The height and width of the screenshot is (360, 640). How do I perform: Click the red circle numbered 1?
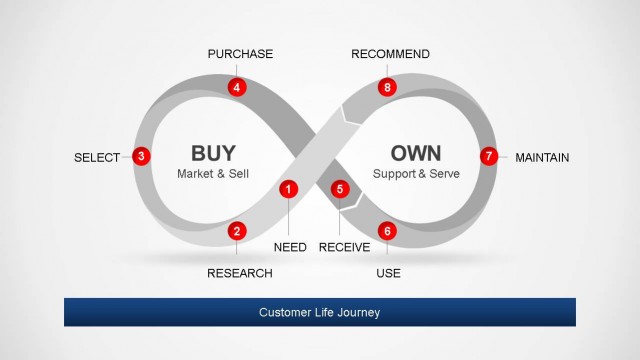(x=289, y=188)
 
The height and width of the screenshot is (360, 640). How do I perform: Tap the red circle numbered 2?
(x=237, y=231)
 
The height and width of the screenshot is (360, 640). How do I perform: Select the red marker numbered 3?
(x=142, y=156)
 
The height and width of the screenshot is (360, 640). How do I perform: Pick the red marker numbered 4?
(x=237, y=87)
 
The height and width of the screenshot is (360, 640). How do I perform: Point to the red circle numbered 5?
(x=340, y=188)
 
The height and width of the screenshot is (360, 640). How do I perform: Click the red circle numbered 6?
(x=388, y=231)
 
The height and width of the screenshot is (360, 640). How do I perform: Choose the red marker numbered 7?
(x=488, y=156)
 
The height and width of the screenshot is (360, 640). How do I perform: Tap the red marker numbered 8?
(x=388, y=87)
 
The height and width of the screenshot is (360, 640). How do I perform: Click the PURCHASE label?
(x=240, y=54)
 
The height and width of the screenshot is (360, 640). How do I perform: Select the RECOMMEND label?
(x=391, y=54)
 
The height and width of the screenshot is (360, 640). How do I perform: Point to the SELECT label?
(x=97, y=157)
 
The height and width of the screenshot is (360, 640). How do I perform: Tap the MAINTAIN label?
(x=542, y=157)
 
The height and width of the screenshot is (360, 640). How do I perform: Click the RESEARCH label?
(x=240, y=273)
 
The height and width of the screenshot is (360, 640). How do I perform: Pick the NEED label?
(x=290, y=247)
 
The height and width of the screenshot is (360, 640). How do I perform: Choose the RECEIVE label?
(x=345, y=247)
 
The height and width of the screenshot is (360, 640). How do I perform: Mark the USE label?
(x=389, y=273)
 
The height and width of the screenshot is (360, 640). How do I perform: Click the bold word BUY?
(x=213, y=153)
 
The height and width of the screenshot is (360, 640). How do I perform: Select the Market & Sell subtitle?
(x=213, y=174)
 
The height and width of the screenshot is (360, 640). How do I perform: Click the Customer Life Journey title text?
(x=319, y=313)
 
